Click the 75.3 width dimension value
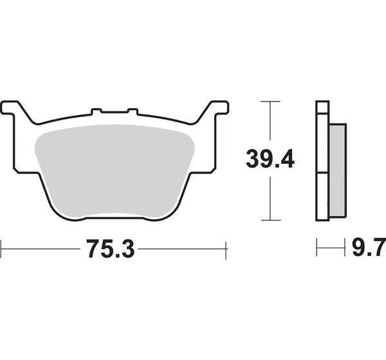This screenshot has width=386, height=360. [x=110, y=249]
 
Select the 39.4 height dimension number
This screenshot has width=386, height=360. [x=270, y=159]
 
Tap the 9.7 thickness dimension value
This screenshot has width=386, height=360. [x=369, y=248]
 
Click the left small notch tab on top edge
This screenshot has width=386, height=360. [x=96, y=111]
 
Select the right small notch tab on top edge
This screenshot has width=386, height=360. [x=133, y=111]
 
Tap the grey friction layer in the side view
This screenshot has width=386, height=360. [x=338, y=170]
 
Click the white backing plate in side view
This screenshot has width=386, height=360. [x=322, y=161]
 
